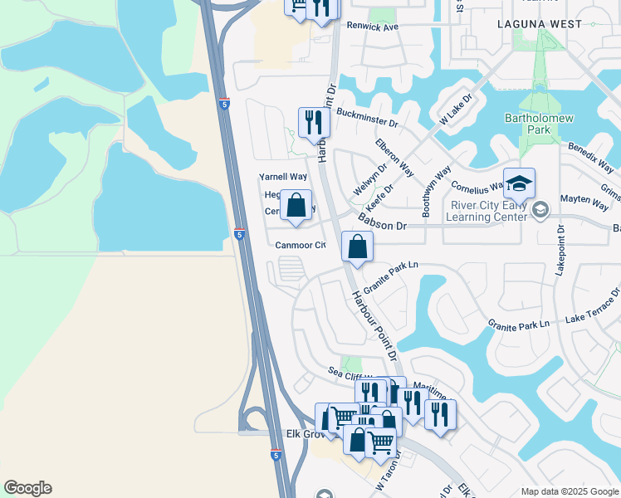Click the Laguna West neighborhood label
tap(539, 25)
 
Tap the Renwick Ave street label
tap(373, 27)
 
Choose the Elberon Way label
tap(394, 157)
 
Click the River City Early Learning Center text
tap(490, 212)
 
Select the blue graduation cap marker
tap(519, 183)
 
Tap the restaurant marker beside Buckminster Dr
tap(314, 122)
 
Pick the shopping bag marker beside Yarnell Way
tap(296, 205)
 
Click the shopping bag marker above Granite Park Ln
tap(357, 247)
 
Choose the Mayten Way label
tap(584, 200)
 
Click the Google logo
tap(27, 488)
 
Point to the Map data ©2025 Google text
tap(570, 491)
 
